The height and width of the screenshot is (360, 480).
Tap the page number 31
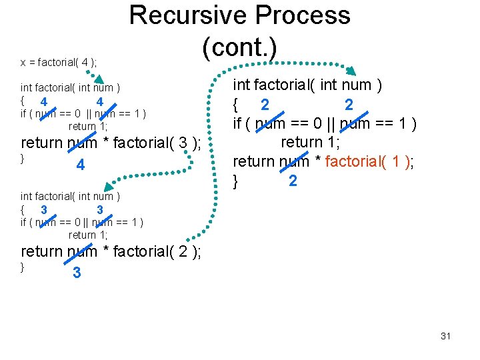pos(445,336)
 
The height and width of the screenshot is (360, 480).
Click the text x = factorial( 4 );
pos(58,63)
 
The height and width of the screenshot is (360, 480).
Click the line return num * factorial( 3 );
pos(111,143)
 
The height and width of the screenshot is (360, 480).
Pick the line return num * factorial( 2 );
pos(111,251)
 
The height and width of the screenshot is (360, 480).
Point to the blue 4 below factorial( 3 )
pos(80,165)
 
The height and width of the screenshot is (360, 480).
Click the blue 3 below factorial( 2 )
pos(77,273)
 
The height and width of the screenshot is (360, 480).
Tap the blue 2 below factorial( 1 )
pos(292,181)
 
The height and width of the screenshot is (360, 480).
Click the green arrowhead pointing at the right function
pos(352,71)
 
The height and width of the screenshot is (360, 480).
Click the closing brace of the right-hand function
pos(235,180)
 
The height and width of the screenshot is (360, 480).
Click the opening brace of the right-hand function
pos(235,104)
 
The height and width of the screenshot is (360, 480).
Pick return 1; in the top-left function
pos(87,126)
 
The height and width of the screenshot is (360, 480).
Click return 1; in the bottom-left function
pos(87,235)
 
